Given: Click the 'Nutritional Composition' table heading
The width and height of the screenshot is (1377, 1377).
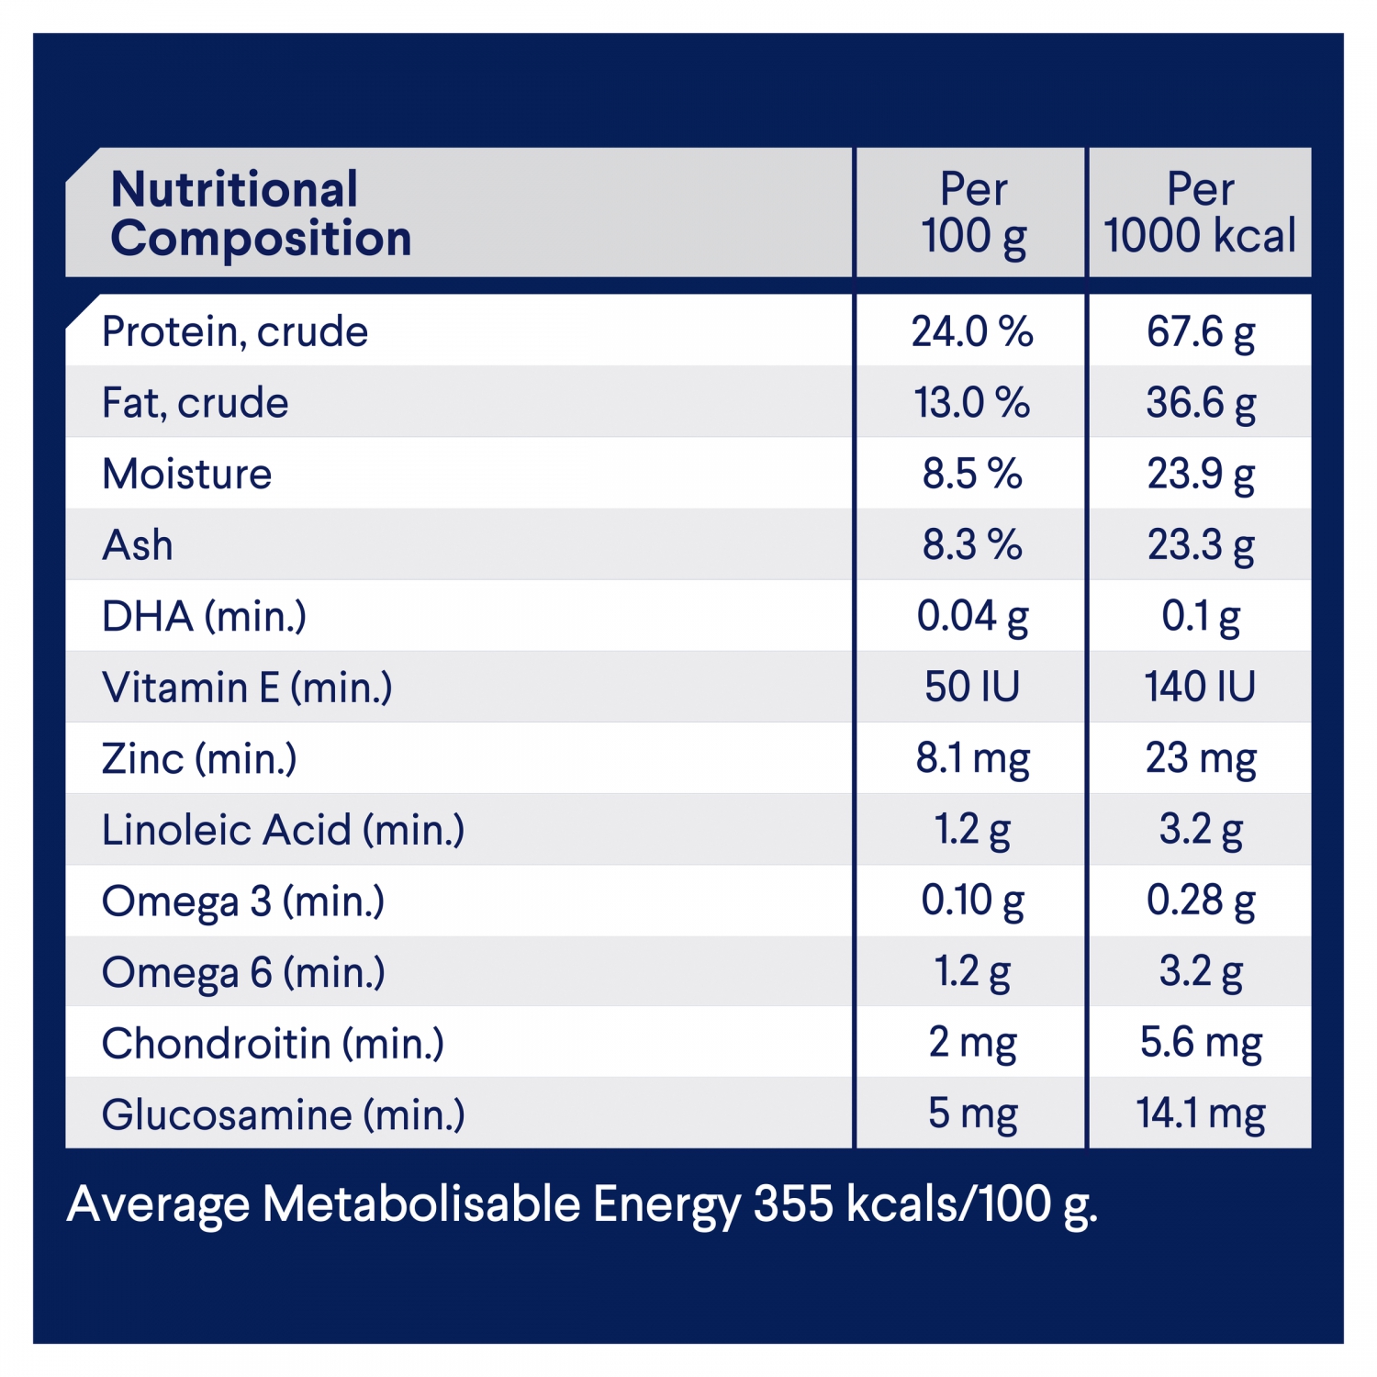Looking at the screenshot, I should [x=261, y=214].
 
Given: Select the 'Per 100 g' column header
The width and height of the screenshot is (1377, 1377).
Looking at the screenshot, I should [x=973, y=213].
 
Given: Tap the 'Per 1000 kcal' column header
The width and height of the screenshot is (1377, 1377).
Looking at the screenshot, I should [x=1200, y=213].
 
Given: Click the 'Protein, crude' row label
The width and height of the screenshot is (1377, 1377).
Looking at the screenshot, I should [x=235, y=331].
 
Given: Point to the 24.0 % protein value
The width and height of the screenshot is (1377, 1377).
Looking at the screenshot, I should [x=972, y=331].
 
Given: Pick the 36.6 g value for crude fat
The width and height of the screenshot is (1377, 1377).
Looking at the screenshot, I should [x=1201, y=403].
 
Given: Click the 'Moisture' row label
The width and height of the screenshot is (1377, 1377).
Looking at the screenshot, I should [x=187, y=474].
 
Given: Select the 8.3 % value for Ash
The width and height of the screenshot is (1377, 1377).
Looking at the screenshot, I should [x=972, y=545].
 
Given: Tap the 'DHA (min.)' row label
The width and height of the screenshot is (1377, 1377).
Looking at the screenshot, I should [x=204, y=616].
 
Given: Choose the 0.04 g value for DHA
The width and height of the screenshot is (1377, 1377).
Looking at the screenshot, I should [x=972, y=616].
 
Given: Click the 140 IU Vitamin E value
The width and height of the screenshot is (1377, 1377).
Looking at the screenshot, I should [x=1200, y=687].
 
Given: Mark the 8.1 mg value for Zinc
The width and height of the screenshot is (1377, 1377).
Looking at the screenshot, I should [x=972, y=758].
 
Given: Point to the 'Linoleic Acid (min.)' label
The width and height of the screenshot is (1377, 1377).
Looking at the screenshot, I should [x=283, y=830].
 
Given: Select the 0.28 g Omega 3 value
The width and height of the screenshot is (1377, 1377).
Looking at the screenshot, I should [x=1201, y=901].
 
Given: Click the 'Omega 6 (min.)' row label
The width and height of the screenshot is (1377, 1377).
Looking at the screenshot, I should [x=243, y=972].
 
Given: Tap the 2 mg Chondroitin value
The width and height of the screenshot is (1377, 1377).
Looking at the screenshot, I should [x=972, y=1043].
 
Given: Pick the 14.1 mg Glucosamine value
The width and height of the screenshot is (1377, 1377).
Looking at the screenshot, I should [x=1201, y=1114].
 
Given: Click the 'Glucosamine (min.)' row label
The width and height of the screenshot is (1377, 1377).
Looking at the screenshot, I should [x=283, y=1114].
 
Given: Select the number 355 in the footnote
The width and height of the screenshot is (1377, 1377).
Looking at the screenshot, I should [x=793, y=1203].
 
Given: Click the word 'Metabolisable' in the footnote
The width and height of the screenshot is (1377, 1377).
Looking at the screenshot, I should [x=421, y=1203].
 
